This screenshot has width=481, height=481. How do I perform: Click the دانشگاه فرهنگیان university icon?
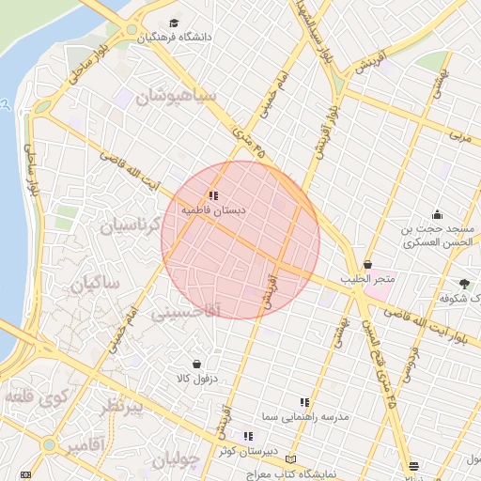tap(173, 23)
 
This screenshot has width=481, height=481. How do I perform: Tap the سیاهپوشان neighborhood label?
tap(176, 97)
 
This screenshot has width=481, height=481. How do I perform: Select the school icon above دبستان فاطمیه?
tap(214, 195)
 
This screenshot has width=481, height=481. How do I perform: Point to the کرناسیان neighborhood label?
tap(132, 225)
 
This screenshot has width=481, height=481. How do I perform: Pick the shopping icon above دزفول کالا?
tap(196, 364)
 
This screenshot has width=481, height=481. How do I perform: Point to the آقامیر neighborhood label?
tap(84, 442)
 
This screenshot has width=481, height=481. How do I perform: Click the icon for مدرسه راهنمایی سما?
tap(303, 401)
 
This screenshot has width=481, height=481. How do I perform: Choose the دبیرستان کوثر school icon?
tap(248, 436)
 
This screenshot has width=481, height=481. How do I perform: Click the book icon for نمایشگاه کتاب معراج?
tap(290, 458)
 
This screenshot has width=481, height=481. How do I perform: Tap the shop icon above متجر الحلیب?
tap(366, 265)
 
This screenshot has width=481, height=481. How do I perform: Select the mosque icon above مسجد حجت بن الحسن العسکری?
tap(437, 215)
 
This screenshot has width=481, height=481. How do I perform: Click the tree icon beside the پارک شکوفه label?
tap(466, 283)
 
